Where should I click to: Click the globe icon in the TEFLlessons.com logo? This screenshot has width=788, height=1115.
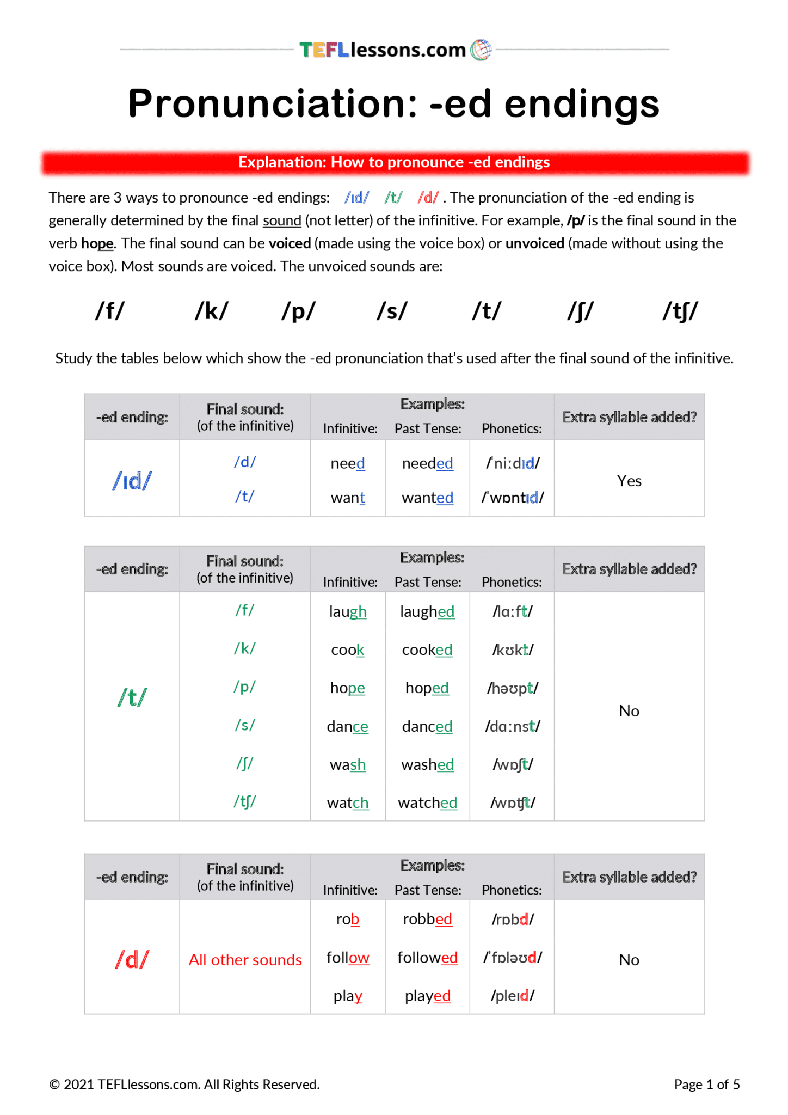[481, 50]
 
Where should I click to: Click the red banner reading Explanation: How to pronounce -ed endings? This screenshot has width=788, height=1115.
[395, 162]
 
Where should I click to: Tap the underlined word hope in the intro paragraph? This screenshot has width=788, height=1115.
[97, 243]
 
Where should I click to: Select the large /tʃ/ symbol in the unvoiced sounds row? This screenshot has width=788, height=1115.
[680, 311]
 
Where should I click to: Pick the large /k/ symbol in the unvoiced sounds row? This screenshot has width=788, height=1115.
[211, 311]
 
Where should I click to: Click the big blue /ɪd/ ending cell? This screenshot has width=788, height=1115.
[132, 480]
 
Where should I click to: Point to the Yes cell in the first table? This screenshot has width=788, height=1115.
[629, 481]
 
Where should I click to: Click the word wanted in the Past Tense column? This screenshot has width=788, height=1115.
[427, 498]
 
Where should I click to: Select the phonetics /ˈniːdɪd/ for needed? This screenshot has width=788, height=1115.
[513, 463]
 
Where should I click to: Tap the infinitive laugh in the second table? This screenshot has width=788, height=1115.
[347, 611]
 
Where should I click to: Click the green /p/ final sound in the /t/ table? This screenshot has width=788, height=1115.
[244, 687]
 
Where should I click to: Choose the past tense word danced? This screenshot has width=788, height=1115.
[427, 726]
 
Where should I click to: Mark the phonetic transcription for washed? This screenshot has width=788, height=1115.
[513, 764]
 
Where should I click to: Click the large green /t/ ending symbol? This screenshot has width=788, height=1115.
[132, 697]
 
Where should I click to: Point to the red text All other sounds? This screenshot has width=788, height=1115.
[245, 960]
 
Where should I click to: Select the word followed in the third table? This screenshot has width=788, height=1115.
[427, 957]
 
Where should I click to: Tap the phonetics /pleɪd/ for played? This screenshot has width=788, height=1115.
[513, 996]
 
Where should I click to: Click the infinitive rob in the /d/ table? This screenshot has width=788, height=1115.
[347, 919]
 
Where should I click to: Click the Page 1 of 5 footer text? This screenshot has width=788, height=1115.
[706, 1085]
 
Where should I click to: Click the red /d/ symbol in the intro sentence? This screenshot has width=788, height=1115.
[428, 198]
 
